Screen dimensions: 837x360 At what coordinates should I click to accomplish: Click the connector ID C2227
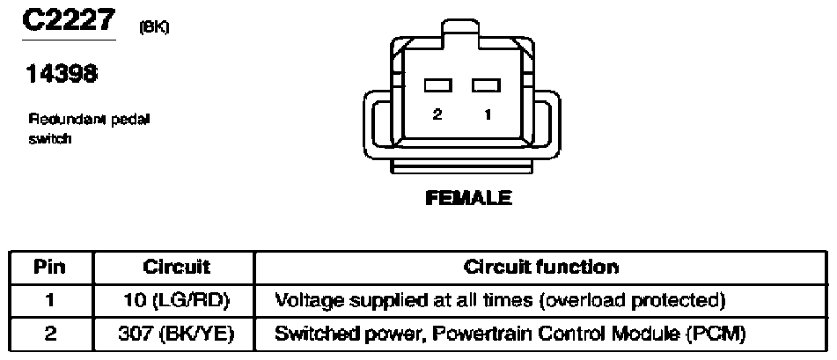pyautogui.click(x=69, y=20)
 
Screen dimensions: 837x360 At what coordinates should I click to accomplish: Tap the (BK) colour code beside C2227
pyautogui.click(x=154, y=27)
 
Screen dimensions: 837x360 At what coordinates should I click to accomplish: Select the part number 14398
pyautogui.click(x=62, y=74)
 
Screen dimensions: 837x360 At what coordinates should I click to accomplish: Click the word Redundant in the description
pyautogui.click(x=68, y=120)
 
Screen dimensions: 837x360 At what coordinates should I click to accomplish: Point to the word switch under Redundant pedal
pyautogui.click(x=49, y=139)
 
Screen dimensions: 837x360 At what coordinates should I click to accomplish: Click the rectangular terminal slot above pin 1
pyautogui.click(x=486, y=84)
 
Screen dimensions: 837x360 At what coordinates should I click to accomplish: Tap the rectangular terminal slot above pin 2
pyautogui.click(x=438, y=84)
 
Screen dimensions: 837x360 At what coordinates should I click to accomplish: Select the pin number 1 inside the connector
pyautogui.click(x=488, y=114)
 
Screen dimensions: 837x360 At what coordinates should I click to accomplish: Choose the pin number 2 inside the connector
pyautogui.click(x=437, y=114)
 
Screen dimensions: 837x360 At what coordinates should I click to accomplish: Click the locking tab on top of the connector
pyautogui.click(x=461, y=34)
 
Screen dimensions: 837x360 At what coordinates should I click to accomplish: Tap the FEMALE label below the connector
pyautogui.click(x=468, y=198)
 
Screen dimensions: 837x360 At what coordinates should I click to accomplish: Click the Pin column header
pyautogui.click(x=49, y=267)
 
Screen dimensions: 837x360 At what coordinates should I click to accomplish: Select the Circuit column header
pyautogui.click(x=176, y=267)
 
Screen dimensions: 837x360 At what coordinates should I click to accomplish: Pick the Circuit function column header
pyautogui.click(x=540, y=267)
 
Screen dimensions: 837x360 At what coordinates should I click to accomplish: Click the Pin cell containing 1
pyautogui.click(x=49, y=301)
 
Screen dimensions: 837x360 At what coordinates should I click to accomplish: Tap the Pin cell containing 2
pyautogui.click(x=49, y=334)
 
